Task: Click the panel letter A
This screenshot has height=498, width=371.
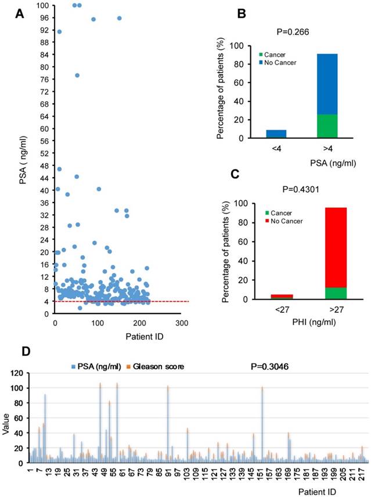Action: (19, 13)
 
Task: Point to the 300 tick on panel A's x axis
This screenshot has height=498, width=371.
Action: (182, 323)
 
